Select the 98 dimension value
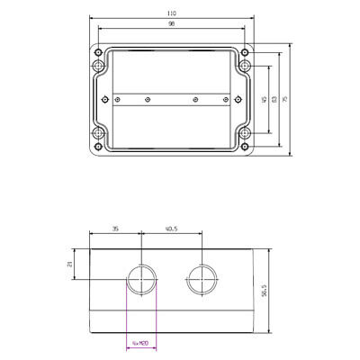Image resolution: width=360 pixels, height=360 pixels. coord(172,26)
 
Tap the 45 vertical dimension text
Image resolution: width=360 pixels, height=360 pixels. coord(264,100)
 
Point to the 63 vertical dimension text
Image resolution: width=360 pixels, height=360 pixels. coord(274,100)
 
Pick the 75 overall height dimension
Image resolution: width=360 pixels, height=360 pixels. coord(285,100)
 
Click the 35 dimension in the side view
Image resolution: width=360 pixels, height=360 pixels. coord(115,229)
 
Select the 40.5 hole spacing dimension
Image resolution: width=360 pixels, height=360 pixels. coord(171,229)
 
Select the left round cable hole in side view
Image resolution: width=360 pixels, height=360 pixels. coord(141,280)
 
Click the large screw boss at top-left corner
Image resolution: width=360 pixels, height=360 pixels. coord(98,66)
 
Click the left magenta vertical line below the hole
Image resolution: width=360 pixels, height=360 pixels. coord(126,315)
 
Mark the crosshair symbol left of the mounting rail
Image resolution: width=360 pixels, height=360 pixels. coord(106,98)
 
